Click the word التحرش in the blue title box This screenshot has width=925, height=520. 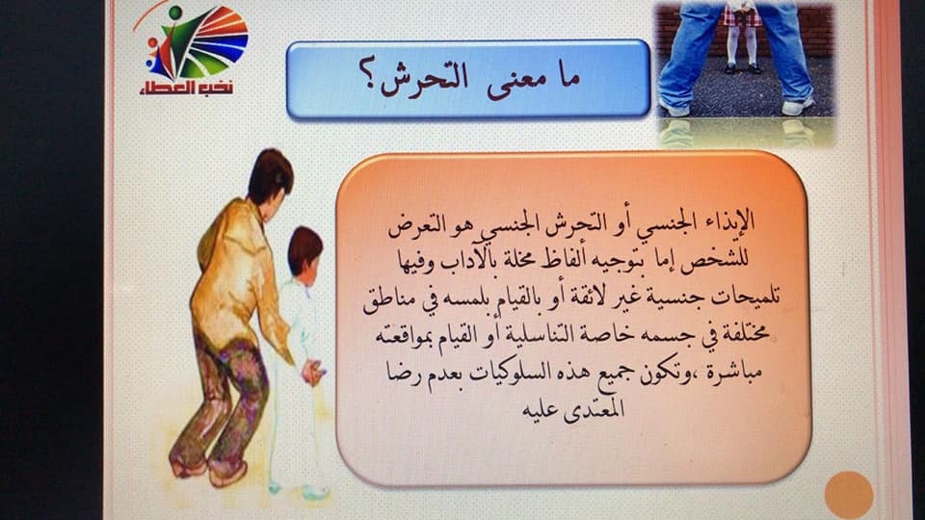(x=424, y=80)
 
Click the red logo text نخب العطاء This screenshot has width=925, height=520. (x=186, y=89)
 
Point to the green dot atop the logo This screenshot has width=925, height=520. (x=175, y=13)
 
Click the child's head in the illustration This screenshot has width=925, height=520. (x=305, y=251)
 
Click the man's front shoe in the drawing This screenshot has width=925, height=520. (x=227, y=472)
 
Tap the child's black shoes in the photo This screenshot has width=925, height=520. (x=743, y=69)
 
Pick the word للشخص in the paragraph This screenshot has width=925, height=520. (x=719, y=260)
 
